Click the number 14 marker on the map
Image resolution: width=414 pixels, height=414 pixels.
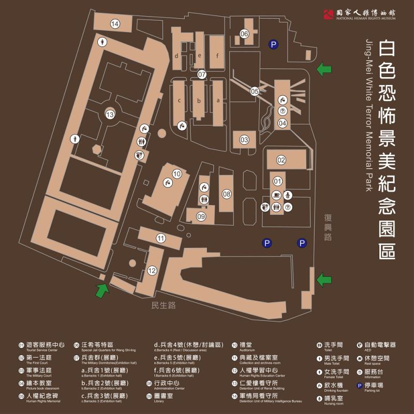coord(115,23)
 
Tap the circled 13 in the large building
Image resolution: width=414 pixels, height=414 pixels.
coord(109,114)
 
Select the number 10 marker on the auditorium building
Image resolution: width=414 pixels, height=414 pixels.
coord(177,174)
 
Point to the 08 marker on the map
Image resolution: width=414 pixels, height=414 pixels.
coord(227,194)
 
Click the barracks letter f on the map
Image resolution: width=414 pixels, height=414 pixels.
coord(217,56)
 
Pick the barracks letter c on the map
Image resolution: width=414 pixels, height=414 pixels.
coord(180,100)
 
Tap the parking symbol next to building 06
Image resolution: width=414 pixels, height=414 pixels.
coord(273,45)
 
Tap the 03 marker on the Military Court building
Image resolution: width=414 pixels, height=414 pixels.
coord(244,139)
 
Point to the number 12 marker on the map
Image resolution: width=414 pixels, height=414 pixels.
coord(152,270)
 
